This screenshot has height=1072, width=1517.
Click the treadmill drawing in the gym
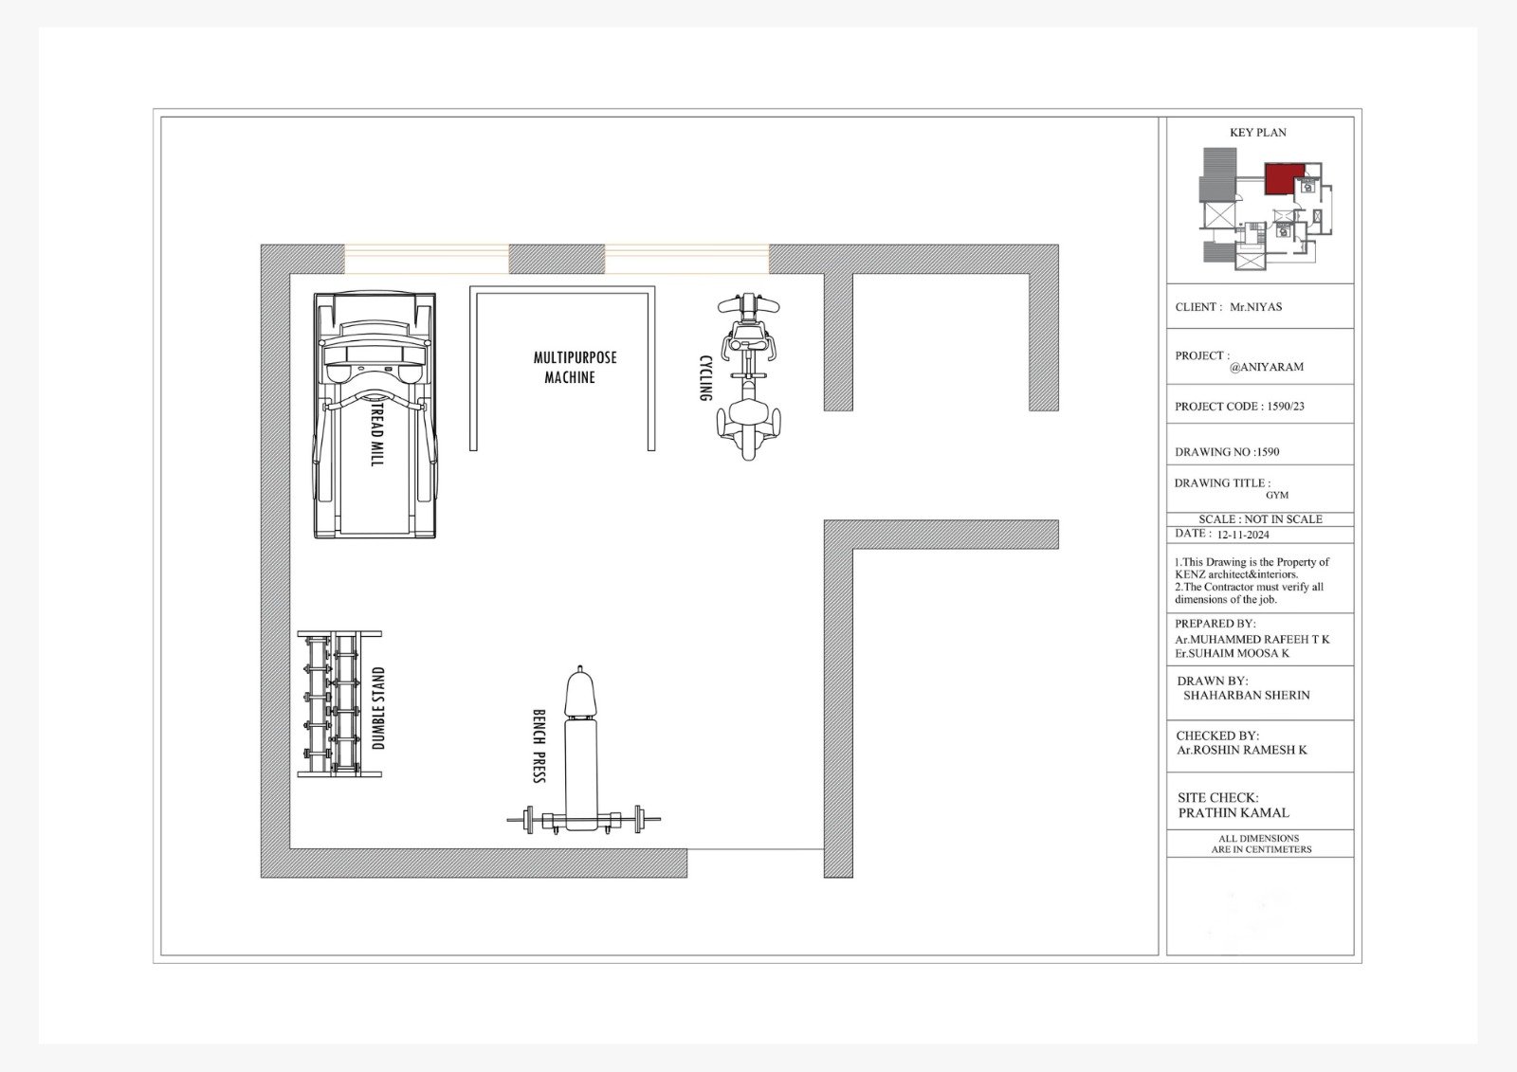point(375,415)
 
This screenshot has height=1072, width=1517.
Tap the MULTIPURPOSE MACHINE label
point(575,367)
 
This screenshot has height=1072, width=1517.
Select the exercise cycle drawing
point(748,376)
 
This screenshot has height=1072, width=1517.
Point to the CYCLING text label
point(705,378)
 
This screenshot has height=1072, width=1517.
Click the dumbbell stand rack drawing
point(339,703)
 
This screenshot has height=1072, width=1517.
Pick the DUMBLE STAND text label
point(378,708)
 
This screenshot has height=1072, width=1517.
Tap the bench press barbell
point(583,820)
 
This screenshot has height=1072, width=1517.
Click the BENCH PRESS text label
point(539,746)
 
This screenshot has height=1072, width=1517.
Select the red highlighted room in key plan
point(1284,179)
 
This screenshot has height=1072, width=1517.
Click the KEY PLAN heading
point(1257,133)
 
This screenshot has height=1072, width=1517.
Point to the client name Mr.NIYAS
point(1255,307)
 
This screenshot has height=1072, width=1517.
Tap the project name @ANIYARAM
point(1266,367)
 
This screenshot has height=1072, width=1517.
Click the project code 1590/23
point(1286,407)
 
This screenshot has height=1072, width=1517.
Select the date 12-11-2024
point(1243,535)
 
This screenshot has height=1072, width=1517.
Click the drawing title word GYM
point(1276,495)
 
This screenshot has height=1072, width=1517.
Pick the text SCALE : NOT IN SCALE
point(1260,519)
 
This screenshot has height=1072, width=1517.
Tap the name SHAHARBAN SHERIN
point(1246,696)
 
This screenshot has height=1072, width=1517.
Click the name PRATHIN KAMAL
point(1234,812)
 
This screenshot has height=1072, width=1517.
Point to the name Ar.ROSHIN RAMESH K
point(1241,751)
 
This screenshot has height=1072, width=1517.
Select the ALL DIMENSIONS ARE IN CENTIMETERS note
point(1260,844)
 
